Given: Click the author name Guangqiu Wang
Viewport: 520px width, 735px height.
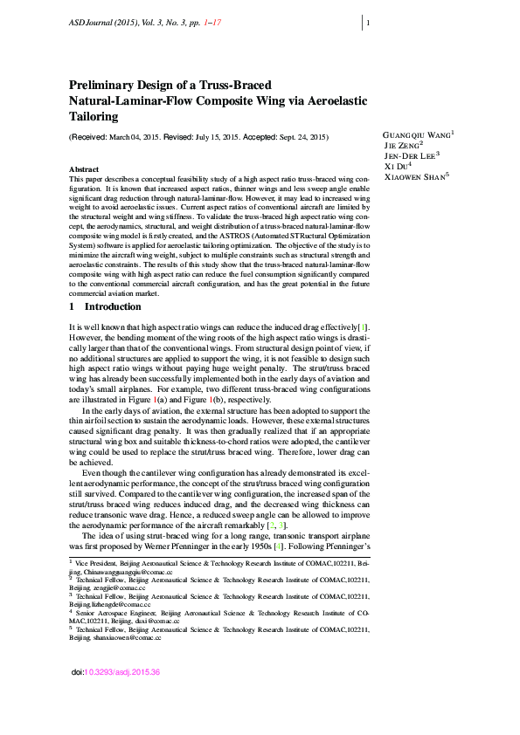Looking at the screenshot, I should pos(418,135).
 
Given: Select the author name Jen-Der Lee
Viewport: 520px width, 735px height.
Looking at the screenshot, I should pos(410,155).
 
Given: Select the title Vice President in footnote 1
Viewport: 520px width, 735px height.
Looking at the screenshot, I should pos(95,564).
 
